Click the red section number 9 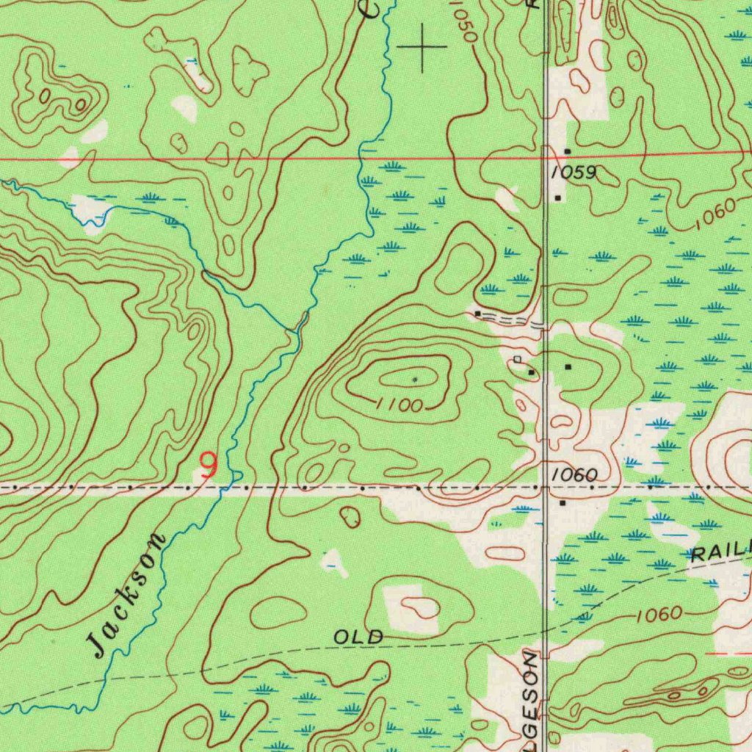(x=209, y=465)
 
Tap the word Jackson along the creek (x=126, y=596)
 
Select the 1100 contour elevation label (x=399, y=405)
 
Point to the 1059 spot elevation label (x=574, y=173)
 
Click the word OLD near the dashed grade (x=358, y=637)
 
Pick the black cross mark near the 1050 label (x=422, y=48)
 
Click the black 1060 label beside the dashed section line (x=574, y=475)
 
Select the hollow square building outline (x=518, y=359)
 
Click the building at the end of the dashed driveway (x=478, y=314)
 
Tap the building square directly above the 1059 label (x=567, y=151)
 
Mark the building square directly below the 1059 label (x=558, y=198)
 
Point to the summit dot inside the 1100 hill (x=415, y=380)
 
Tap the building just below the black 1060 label (x=563, y=504)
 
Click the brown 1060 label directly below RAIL (x=659, y=615)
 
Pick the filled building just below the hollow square (x=531, y=373)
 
